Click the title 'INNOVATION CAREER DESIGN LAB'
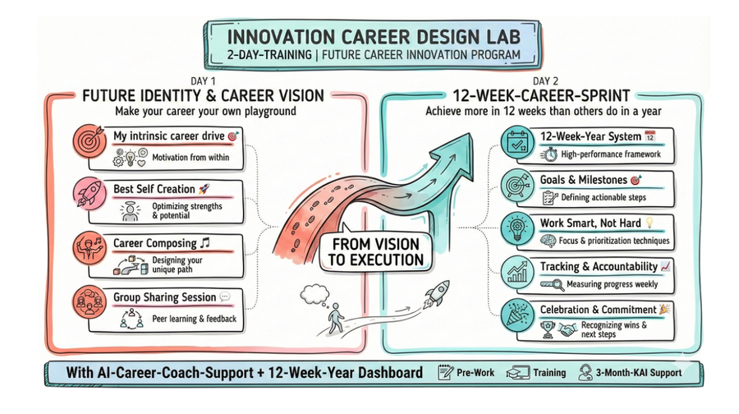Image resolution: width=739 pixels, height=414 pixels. click(374, 37)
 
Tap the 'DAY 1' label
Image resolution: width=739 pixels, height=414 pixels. click(203, 81)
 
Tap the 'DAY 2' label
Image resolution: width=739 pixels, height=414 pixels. click(545, 81)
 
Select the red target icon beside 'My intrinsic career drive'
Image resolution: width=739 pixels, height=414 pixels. click(90, 141)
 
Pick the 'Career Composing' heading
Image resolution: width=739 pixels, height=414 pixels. click(155, 243)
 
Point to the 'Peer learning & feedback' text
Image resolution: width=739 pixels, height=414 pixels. click(194, 319)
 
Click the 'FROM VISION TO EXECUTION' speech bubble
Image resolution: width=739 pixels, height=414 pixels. click(375, 252)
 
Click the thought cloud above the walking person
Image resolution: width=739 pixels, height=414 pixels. click(314, 294)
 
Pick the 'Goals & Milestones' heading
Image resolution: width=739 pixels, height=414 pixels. click(584, 180)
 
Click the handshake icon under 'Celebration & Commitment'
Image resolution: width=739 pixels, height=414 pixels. click(567, 329)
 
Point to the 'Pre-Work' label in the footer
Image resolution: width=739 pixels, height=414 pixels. click(475, 372)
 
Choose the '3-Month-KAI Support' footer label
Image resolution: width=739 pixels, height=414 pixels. click(639, 372)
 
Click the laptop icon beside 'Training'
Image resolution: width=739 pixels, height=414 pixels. click(517, 372)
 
